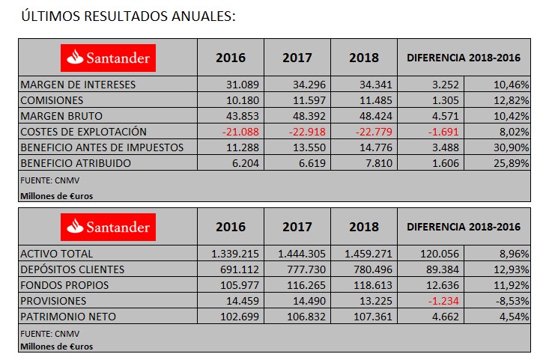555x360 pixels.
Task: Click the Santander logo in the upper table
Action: [x=108, y=57]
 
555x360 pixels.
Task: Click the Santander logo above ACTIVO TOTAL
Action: [x=108, y=226]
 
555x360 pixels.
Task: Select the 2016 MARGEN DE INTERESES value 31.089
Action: [x=243, y=85]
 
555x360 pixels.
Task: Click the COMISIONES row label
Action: [x=52, y=100]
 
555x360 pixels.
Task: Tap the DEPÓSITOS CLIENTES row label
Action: [x=72, y=269]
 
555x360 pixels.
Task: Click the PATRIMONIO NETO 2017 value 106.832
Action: [x=307, y=317]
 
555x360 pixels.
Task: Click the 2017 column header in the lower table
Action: [x=297, y=227]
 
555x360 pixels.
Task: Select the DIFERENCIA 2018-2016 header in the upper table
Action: [x=463, y=58]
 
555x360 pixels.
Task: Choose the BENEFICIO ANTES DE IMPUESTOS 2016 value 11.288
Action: [x=243, y=147]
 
